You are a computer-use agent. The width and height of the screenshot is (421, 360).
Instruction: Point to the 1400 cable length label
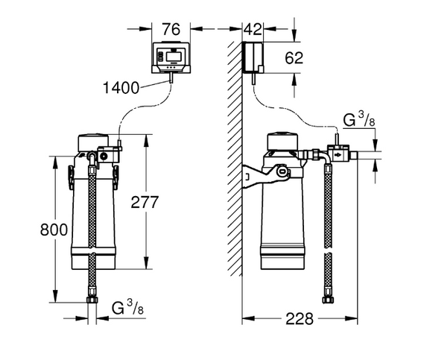pos(121,88)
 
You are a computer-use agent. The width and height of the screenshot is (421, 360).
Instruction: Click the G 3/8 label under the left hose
pos(126,308)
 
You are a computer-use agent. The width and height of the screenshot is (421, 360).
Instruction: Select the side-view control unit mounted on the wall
pos(254,57)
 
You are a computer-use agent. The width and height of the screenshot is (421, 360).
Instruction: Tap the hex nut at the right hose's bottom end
pos(326,301)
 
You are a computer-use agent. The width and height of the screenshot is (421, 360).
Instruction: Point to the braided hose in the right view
pos(326,231)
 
